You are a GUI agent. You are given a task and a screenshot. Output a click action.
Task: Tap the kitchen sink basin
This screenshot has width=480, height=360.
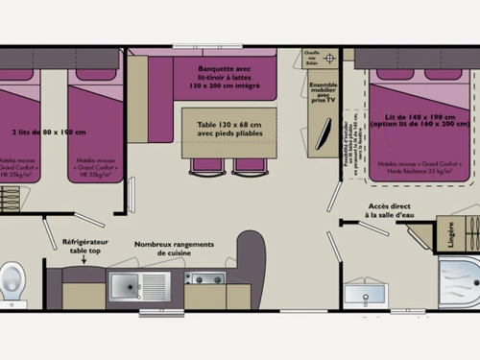pos(139,285)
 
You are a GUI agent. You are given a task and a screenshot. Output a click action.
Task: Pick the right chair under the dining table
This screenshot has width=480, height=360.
pos(250,166)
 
